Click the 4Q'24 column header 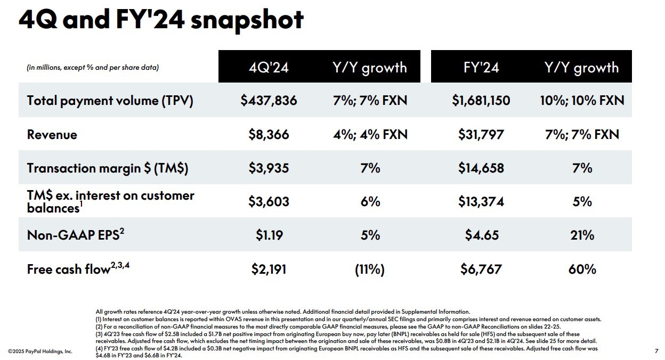click(269, 68)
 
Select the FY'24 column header click(481, 68)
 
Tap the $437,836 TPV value click(269, 100)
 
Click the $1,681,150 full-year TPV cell click(481, 100)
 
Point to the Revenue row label click(52, 134)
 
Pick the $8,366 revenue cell click(269, 134)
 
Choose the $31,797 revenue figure click(481, 134)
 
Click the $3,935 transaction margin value click(269, 168)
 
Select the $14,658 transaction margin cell click(481, 168)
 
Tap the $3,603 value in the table click(269, 201)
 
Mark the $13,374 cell click(481, 201)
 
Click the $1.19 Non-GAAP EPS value click(269, 235)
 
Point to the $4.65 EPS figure click(481, 235)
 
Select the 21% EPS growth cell click(582, 235)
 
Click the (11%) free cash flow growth click(370, 269)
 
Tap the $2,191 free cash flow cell click(269, 269)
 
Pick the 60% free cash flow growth click(582, 269)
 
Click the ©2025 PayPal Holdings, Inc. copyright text click(40, 351)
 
